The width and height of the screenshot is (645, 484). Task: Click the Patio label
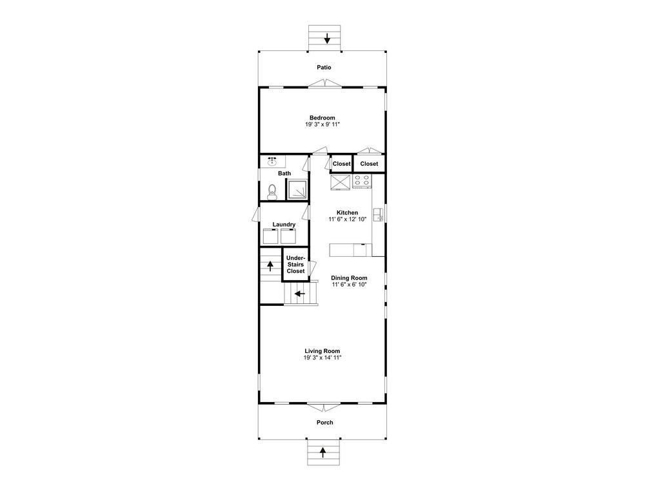pos(324,67)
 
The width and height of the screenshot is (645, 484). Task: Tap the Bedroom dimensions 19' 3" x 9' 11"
pos(322,125)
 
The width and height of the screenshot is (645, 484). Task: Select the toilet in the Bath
pos(272,192)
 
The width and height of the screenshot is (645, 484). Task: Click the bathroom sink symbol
pos(272,161)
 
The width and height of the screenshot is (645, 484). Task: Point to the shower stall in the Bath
pos(297,190)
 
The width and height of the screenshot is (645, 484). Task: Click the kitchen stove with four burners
pos(362,181)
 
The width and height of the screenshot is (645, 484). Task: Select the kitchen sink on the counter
pos(377,215)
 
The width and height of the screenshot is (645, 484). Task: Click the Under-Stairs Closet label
pos(296,264)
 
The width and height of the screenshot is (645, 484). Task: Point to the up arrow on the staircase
pos(270,266)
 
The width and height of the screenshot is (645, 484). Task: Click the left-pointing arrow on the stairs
pos(299,294)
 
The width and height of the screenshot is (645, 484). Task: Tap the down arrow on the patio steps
pos(327,39)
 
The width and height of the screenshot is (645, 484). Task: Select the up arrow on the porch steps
pos(323,452)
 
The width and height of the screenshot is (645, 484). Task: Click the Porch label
pos(324,422)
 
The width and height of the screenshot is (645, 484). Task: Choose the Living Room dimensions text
pos(322,358)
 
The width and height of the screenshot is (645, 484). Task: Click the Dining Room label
pos(349,277)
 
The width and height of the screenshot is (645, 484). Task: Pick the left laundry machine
pos(271,236)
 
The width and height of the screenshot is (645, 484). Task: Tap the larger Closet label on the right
pos(369,164)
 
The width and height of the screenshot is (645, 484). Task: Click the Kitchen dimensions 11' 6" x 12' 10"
pos(347,219)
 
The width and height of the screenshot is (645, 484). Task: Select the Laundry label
pos(284,225)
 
